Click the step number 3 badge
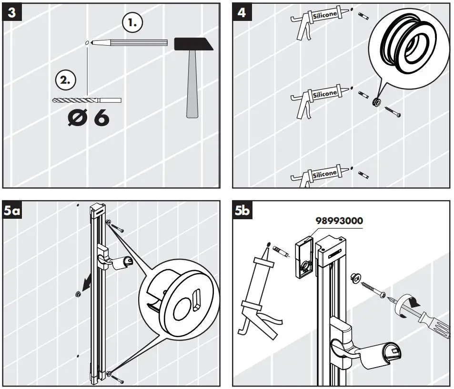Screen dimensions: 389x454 [12, 12]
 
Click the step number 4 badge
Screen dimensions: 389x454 [242, 12]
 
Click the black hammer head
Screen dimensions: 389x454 [193, 44]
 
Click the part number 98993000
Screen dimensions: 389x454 [339, 221]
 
